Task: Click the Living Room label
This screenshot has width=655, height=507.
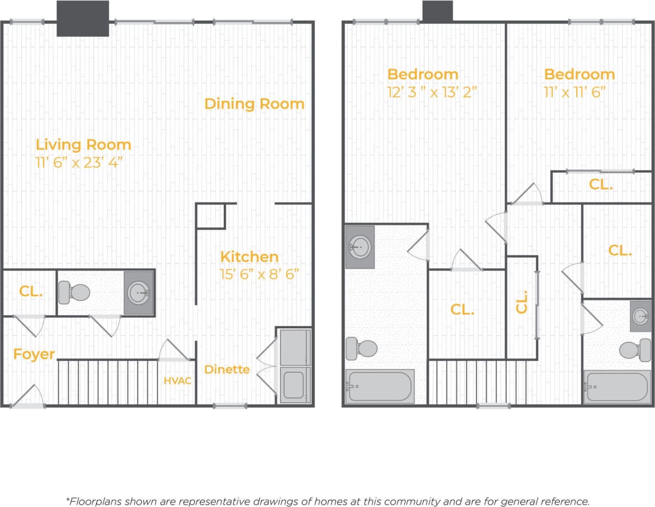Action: click(83, 144)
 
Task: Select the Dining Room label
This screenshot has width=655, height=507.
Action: click(254, 104)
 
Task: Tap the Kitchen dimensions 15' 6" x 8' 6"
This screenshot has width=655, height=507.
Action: click(258, 274)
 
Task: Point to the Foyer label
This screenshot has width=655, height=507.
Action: click(34, 354)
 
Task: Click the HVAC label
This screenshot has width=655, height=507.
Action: click(178, 380)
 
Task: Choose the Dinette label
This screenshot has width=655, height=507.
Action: click(227, 369)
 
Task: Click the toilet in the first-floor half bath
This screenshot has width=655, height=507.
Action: click(75, 293)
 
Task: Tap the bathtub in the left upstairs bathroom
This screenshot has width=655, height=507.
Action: click(379, 386)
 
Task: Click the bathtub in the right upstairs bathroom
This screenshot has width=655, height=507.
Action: click(616, 387)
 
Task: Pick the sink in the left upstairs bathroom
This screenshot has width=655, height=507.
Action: click(360, 245)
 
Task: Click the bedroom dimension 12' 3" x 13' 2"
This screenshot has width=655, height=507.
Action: click(432, 92)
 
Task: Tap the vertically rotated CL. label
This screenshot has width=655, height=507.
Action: click(522, 301)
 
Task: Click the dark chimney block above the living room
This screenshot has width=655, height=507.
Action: click(83, 18)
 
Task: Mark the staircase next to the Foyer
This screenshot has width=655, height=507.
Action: click(108, 382)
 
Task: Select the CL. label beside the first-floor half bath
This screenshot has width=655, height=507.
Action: click(30, 291)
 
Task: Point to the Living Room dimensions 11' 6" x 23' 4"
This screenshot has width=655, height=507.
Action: click(83, 163)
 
